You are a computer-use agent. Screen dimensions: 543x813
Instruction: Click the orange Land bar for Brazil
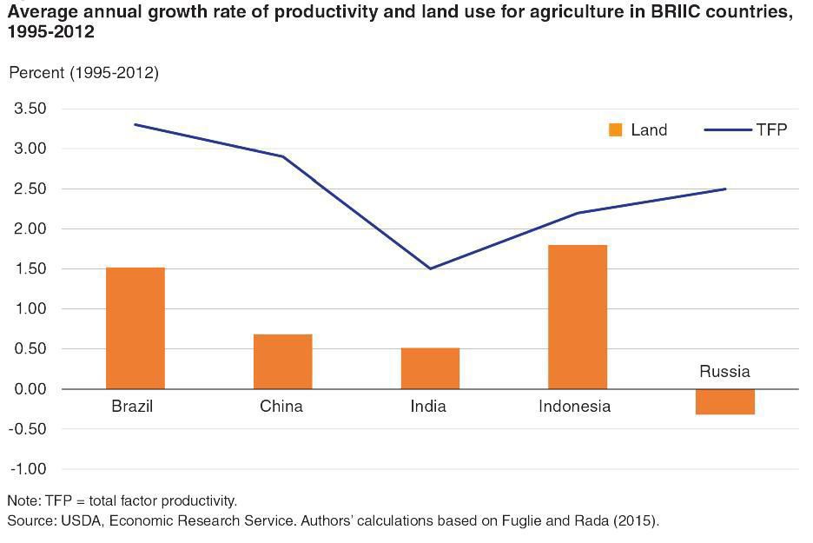click(x=135, y=328)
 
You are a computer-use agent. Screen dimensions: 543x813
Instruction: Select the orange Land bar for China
click(x=282, y=361)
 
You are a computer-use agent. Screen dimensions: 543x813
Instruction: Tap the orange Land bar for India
click(x=430, y=368)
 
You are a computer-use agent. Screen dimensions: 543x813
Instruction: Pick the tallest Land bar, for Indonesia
click(x=578, y=317)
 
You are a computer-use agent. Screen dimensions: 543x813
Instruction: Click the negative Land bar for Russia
click(x=725, y=401)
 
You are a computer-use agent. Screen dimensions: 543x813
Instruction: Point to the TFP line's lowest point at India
click(x=430, y=268)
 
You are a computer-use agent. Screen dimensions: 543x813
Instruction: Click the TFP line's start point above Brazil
click(x=135, y=124)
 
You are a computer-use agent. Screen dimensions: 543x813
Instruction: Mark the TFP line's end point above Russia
click(x=724, y=189)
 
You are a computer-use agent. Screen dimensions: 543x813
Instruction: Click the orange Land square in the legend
click(x=616, y=130)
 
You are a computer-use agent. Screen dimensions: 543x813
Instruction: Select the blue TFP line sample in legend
click(x=727, y=130)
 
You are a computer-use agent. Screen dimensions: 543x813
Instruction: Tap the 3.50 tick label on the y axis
click(x=29, y=109)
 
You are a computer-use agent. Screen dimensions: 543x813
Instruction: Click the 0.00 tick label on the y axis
click(x=29, y=389)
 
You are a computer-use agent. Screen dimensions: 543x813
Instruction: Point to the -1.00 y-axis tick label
click(x=27, y=469)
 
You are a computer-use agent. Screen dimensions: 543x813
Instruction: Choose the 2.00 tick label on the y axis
click(x=29, y=228)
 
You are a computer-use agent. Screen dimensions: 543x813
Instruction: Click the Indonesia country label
click(x=574, y=407)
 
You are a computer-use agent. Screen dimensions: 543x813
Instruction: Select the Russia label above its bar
click(x=724, y=372)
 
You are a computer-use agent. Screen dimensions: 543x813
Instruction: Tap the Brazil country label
click(x=132, y=407)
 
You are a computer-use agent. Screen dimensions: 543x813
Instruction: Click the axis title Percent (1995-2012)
click(x=83, y=73)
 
